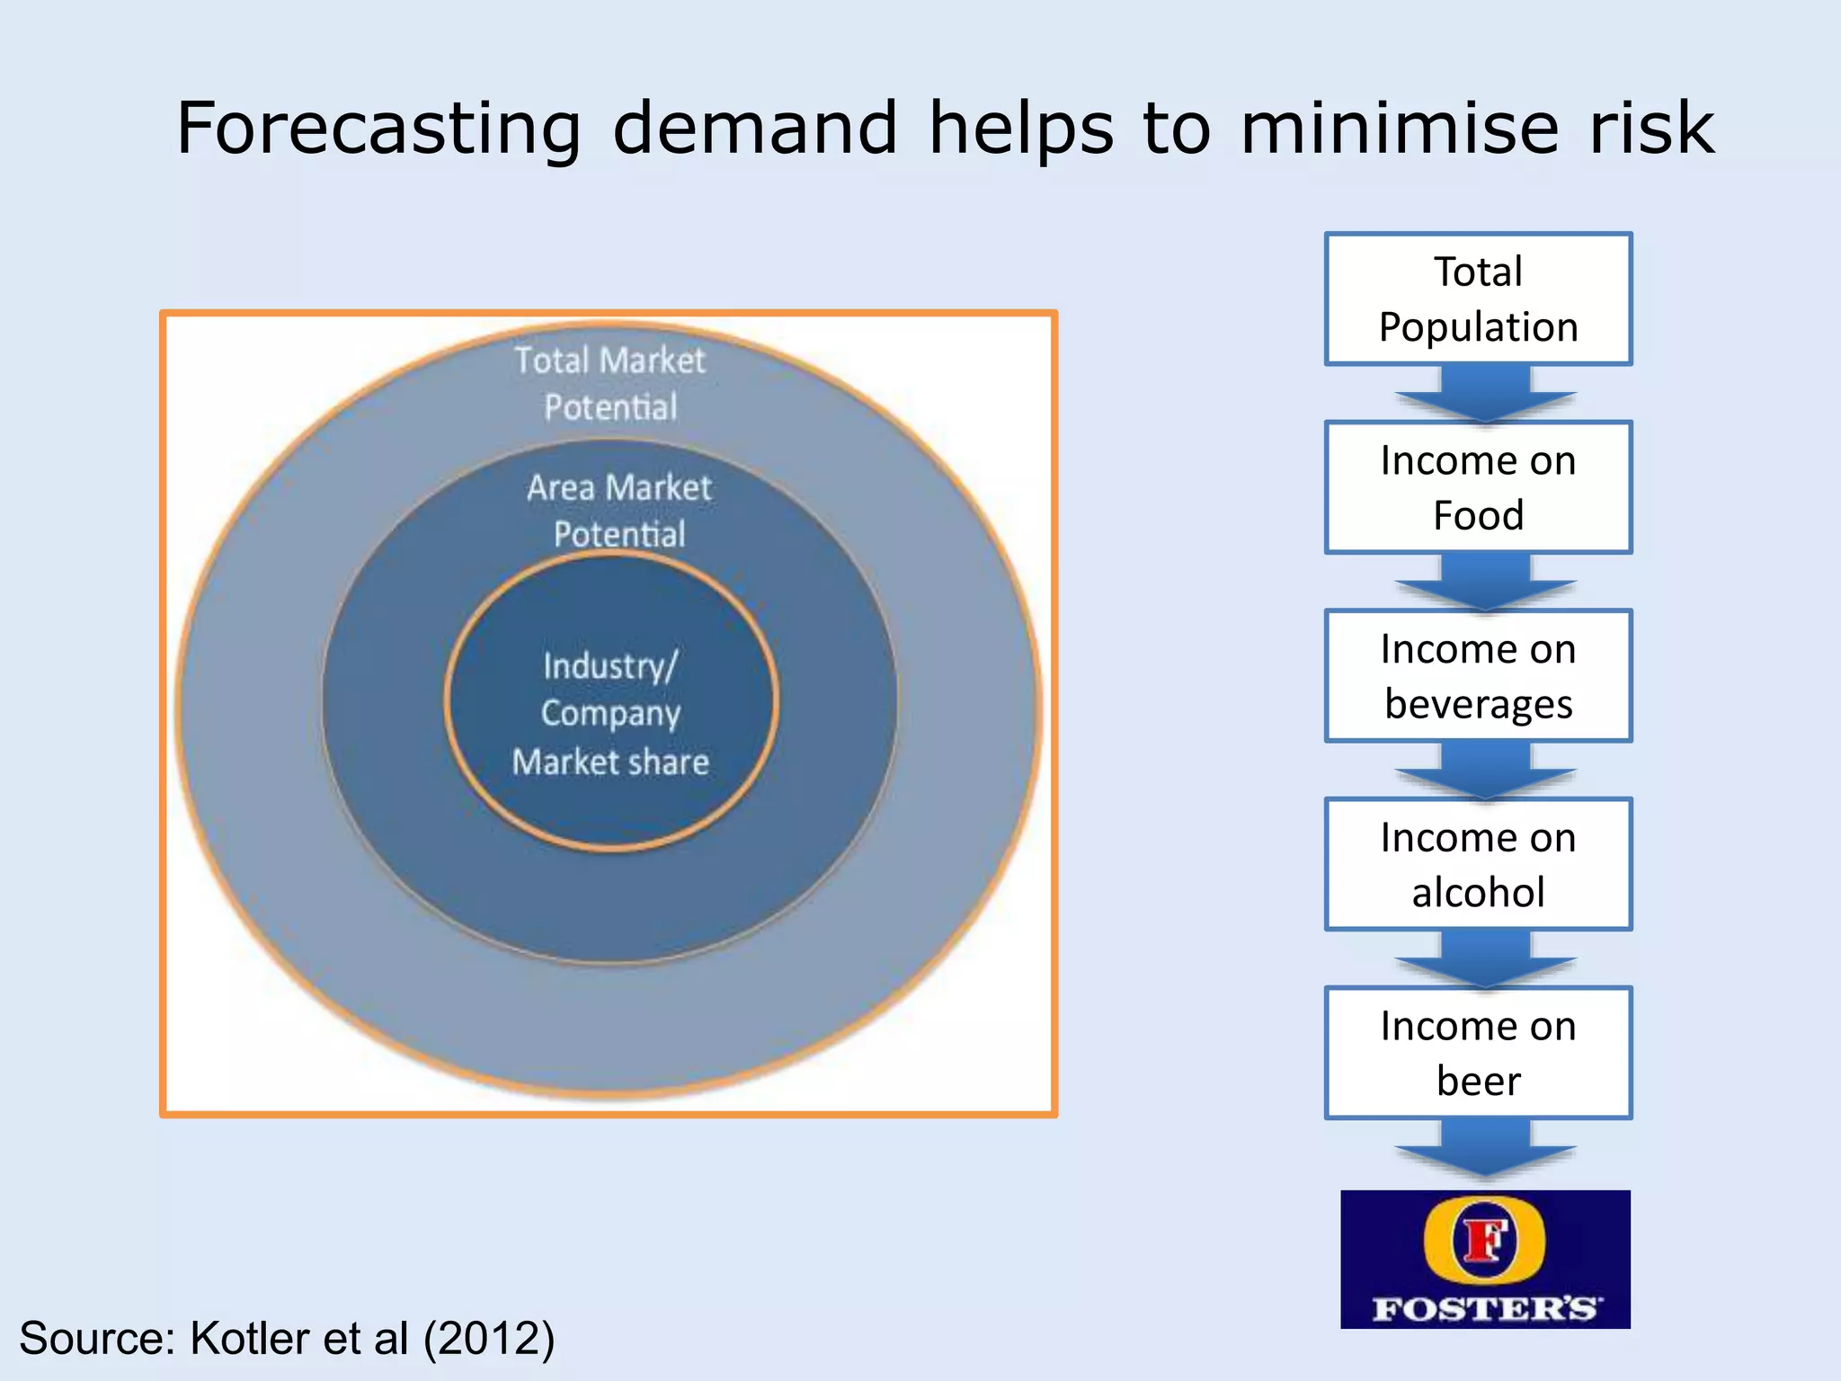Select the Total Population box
coord(1478,299)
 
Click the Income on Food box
coord(1478,487)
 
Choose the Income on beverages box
coord(1478,676)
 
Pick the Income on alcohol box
coord(1478,864)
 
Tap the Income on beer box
coord(1478,1053)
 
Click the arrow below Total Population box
coord(1485,394)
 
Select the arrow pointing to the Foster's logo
coord(1485,1149)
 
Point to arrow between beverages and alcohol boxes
coord(1485,771)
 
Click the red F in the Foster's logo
coord(1484,1241)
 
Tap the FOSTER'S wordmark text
coord(1485,1307)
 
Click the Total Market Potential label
coord(610,384)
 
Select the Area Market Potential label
coord(619,511)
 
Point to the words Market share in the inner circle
coord(610,762)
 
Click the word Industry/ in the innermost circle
coord(610,666)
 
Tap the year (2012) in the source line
coord(489,1339)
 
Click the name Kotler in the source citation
coord(250,1339)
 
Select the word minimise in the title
coord(1399,129)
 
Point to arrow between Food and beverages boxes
coord(1485,583)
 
